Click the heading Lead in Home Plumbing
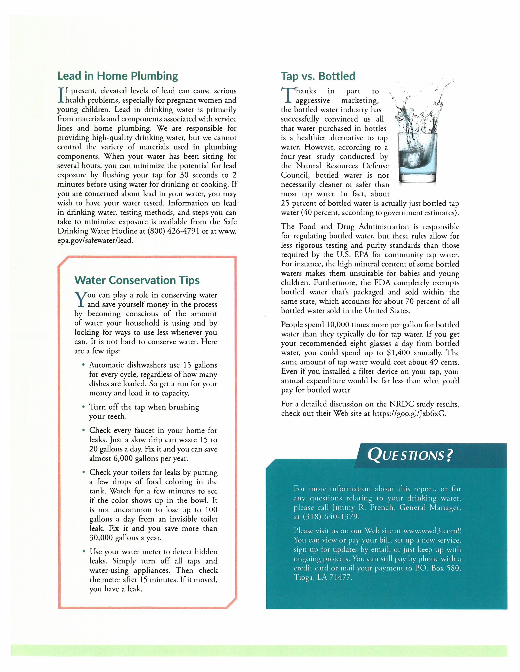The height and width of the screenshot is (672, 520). pyautogui.click(x=118, y=76)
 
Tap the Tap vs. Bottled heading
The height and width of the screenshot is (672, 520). pyautogui.click(x=318, y=76)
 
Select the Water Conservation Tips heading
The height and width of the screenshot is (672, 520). pyautogui.click(x=137, y=280)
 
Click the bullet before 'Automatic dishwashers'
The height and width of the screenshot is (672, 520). pyautogui.click(x=83, y=365)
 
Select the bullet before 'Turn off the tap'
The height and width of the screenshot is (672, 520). pyautogui.click(x=83, y=407)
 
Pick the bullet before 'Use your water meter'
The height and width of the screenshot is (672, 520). pyautogui.click(x=83, y=551)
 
